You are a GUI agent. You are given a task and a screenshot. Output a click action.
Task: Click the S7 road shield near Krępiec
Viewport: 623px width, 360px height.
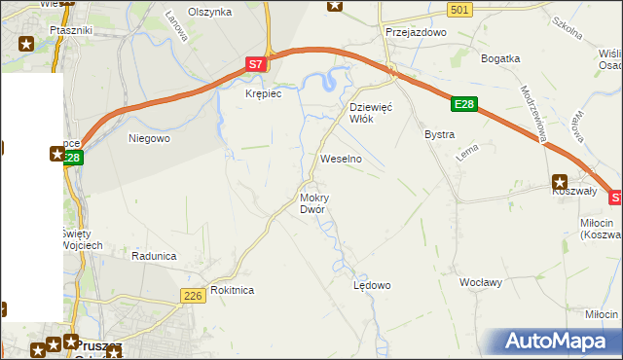pos(254,64)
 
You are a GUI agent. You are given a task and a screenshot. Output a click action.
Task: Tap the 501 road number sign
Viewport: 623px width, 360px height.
pos(460,10)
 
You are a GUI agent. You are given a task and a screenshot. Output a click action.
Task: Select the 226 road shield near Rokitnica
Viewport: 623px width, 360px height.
pos(193,295)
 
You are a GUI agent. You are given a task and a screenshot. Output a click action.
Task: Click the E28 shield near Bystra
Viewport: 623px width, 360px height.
pos(464,104)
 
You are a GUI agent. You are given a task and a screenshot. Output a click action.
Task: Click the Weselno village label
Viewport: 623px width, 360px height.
pos(341,158)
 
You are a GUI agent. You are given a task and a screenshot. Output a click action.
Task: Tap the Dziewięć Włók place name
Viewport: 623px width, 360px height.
pos(370,113)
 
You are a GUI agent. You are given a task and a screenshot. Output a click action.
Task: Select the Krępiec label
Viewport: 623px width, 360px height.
pos(264,94)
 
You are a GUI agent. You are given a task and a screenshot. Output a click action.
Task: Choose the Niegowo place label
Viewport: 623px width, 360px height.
pos(150,138)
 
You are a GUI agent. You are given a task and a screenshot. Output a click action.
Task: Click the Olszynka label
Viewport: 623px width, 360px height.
pos(209,12)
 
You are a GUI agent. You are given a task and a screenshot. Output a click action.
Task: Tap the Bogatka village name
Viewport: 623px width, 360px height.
pos(501,58)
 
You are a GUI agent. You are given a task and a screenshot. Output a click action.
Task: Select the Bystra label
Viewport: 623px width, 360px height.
pos(439,134)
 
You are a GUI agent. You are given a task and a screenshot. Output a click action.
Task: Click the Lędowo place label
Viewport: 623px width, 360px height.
pos(371,285)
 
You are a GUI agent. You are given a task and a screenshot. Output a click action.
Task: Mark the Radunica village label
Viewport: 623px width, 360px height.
pos(154,255)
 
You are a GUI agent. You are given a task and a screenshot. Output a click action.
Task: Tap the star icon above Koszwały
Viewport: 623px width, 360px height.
pos(560,181)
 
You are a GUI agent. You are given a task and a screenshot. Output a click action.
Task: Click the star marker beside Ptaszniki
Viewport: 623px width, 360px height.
pos(26,43)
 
